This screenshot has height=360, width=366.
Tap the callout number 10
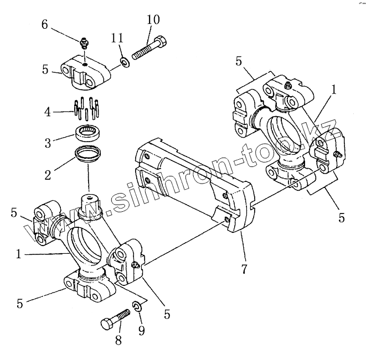pos(153,20)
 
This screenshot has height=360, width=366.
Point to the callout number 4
pos(48,112)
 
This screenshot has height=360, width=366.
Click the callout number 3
pos(48,143)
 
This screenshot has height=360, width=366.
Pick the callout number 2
pos(48,175)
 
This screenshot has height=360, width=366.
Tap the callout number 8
pos(118,341)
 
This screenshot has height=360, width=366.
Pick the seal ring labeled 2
pos(87,156)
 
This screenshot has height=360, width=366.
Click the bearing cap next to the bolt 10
pos(84,72)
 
